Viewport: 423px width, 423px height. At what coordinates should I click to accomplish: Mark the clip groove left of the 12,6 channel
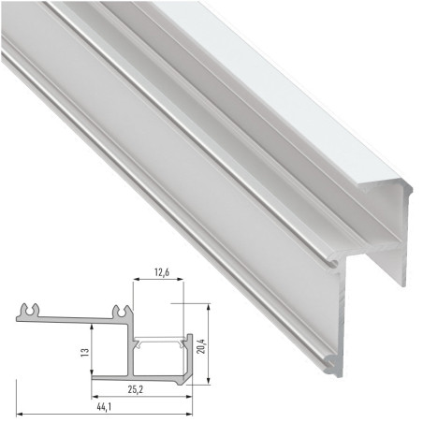click(120, 310)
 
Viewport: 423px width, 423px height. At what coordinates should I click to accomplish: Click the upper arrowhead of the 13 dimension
click(92, 328)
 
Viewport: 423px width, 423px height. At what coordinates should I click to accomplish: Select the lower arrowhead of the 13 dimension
click(92, 376)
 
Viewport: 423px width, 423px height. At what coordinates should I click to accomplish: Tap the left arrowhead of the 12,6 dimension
click(133, 284)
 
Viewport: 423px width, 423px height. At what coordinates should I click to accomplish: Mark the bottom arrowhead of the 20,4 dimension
click(207, 379)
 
